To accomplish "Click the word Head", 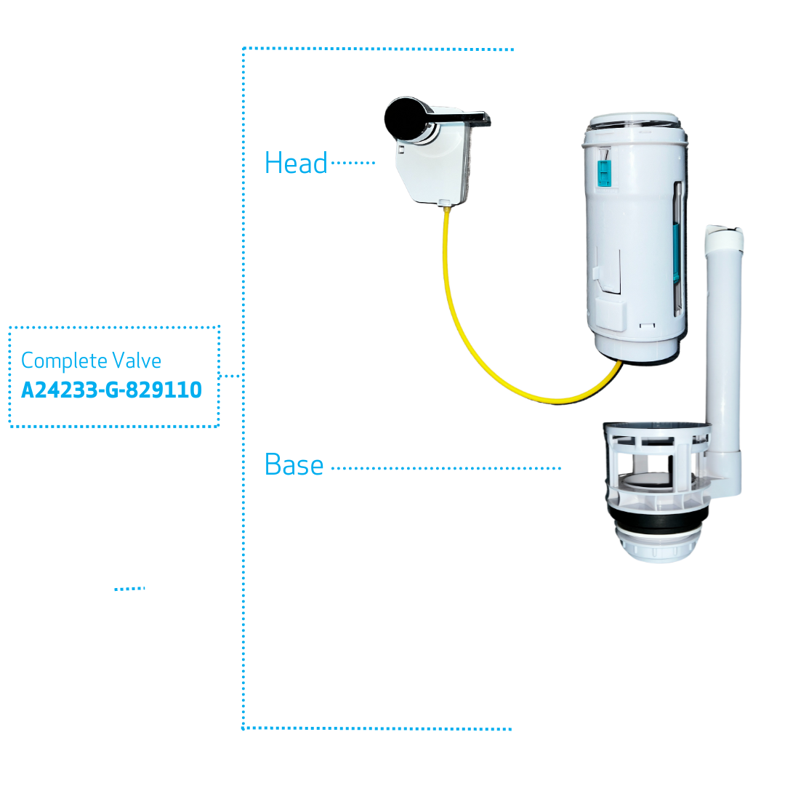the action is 296,164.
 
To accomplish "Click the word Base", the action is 294,464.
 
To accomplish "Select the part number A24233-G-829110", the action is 111,390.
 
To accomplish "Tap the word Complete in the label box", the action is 64,361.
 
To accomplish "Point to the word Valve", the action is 137,361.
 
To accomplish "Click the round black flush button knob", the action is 406,118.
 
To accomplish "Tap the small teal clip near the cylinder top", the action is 604,173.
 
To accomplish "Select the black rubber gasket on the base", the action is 658,522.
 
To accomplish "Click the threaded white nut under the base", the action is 657,547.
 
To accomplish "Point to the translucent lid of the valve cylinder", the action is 634,121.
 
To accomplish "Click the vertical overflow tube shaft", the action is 724,350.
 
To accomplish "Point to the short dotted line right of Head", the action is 353,163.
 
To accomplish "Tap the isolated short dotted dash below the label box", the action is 129,589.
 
